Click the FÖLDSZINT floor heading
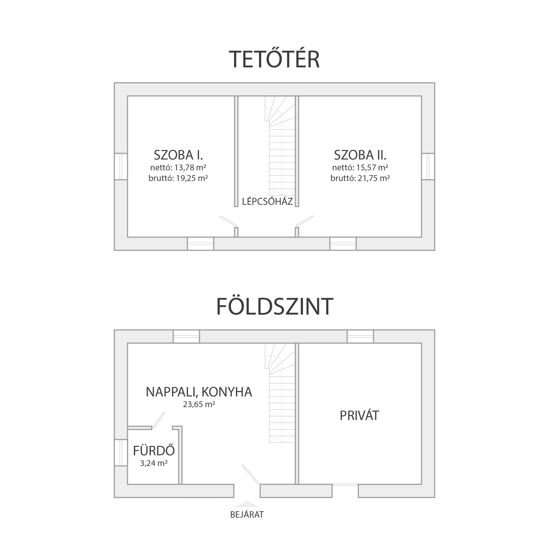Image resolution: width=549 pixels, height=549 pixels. [x=274, y=307]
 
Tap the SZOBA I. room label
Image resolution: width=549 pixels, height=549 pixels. [x=178, y=155]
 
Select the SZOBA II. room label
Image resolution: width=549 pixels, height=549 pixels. [x=360, y=155]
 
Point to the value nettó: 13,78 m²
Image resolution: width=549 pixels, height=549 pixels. [x=178, y=167]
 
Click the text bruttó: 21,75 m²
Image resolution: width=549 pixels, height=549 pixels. [x=360, y=178]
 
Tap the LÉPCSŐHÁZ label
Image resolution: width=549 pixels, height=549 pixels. [x=267, y=201]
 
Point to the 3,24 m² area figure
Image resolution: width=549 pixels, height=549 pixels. [x=154, y=463]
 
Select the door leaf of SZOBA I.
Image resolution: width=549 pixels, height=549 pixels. [x=228, y=221]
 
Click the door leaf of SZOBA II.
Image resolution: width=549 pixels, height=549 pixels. [x=304, y=221]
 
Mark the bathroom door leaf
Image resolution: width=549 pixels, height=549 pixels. [x=159, y=420]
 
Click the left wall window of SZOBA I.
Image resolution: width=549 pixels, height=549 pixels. [x=121, y=166]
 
